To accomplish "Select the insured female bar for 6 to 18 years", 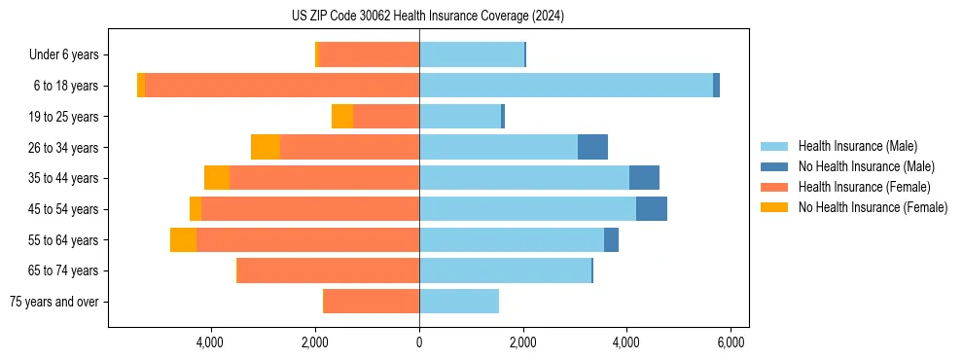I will pos(282,86).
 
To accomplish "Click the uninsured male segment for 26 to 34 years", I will pos(592,147).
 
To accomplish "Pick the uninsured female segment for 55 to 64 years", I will pos(183,239).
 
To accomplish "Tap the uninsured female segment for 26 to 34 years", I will pos(266,147).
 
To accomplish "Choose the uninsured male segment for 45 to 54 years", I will pos(652,209).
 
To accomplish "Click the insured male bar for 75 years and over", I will pos(459,302).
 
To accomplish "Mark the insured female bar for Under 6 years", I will pos(369,54).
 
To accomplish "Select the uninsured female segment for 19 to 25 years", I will pos(342,117).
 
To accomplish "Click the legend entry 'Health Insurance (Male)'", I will pos(857,146).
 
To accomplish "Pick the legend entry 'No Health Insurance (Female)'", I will pos(873,207).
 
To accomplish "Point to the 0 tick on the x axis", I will pos(419,342).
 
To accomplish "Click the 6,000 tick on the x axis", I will pos(731,342).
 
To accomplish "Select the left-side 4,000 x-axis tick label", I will pos(211,342).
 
